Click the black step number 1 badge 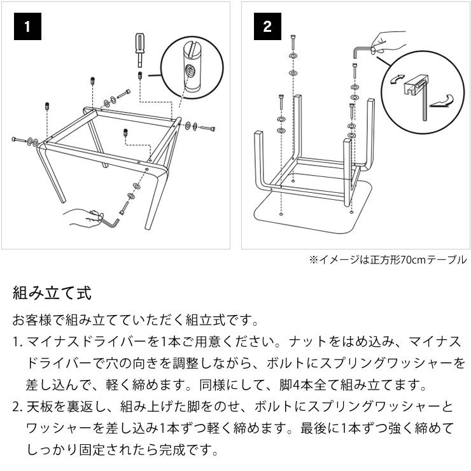coord(26,27)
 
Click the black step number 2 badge coord(267,27)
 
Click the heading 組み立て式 coord(52,293)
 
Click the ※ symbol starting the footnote coord(313,260)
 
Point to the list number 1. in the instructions coord(17,342)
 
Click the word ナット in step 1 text coord(303,342)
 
